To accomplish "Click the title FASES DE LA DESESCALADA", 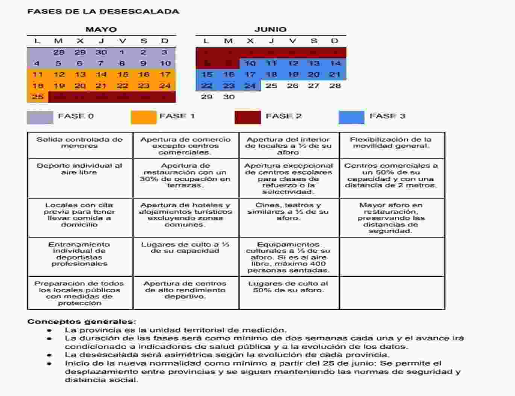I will point(103,11).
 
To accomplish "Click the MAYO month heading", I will point(101,29).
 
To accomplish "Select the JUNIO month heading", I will point(270,29).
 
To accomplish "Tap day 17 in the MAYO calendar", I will point(165,75).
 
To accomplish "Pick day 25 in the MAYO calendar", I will point(38,97).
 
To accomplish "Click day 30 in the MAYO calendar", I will point(101,52).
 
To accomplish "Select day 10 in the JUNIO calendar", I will point(250,63).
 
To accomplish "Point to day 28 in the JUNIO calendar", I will point(335,86).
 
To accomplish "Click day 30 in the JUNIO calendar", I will point(229,97).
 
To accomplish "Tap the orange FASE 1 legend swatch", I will point(144,117).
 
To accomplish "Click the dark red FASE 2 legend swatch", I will point(247,117).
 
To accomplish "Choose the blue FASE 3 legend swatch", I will point(351,117).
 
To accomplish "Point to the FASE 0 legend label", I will point(76,116).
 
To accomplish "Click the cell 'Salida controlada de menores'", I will point(80,143).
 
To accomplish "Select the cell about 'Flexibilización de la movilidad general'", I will point(391,143).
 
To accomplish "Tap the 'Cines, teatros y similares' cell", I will point(288,212).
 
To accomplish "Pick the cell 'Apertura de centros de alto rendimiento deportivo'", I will point(185,290).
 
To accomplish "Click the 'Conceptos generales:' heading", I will point(82,321).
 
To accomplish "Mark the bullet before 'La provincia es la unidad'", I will point(49,331).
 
